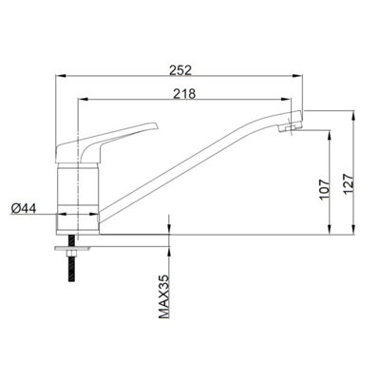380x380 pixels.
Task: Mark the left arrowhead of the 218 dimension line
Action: coord(81,101)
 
